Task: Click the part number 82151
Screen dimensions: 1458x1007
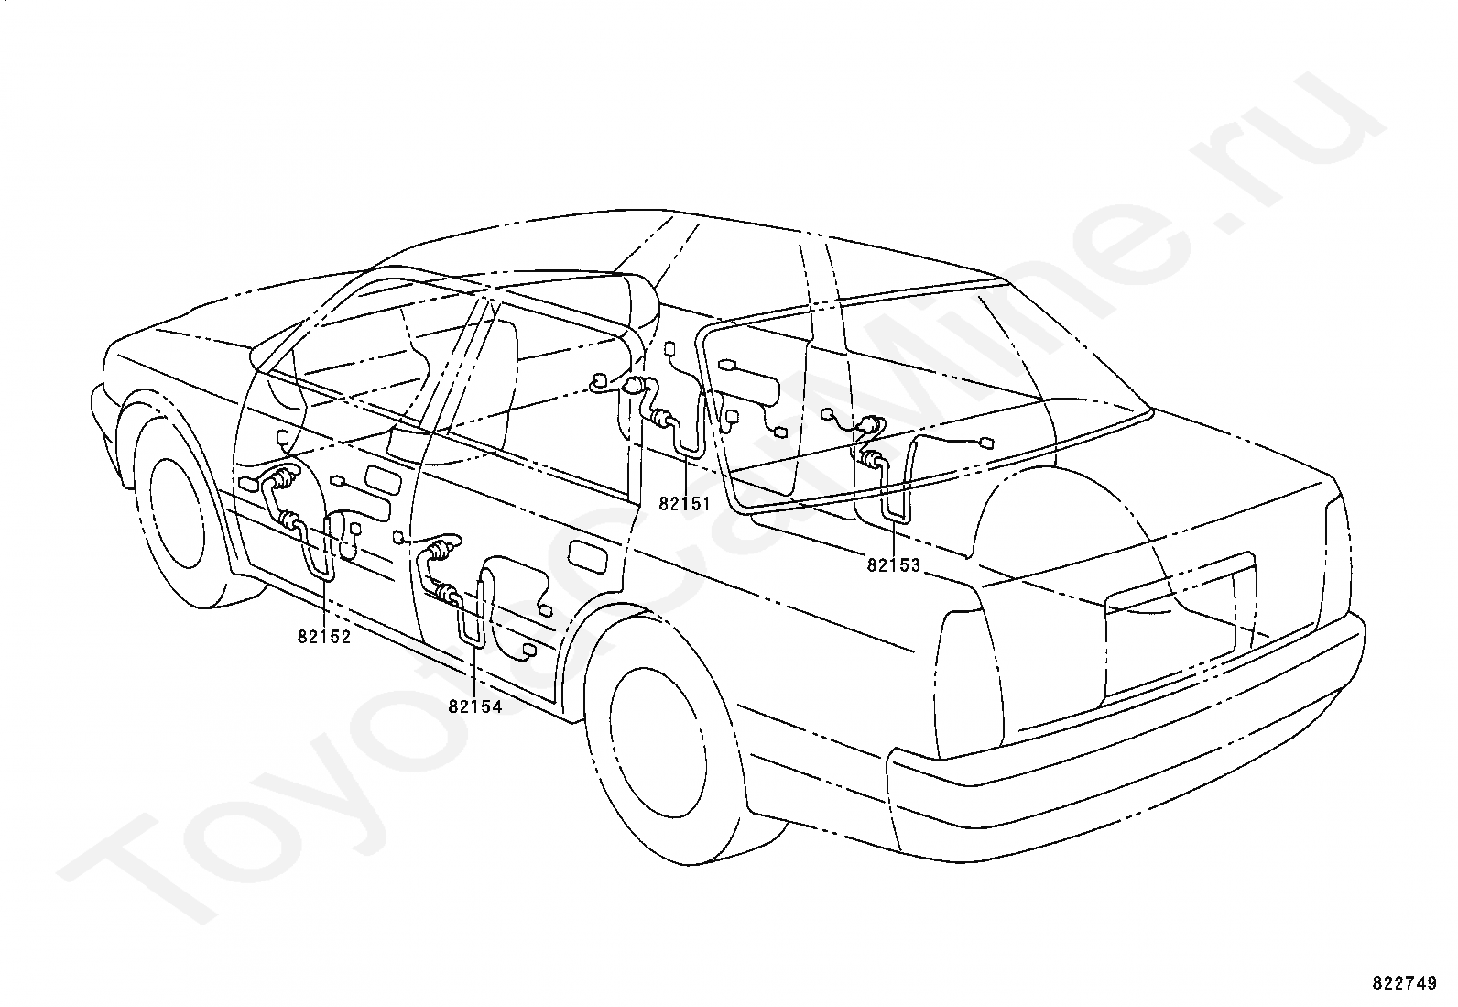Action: pyautogui.click(x=684, y=504)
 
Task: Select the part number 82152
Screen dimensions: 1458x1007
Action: pyautogui.click(x=323, y=637)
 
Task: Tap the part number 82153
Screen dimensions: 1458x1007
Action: pyautogui.click(x=894, y=565)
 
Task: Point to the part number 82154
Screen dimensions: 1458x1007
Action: pyautogui.click(x=475, y=706)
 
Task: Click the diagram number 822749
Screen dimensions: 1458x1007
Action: pyautogui.click(x=1404, y=983)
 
